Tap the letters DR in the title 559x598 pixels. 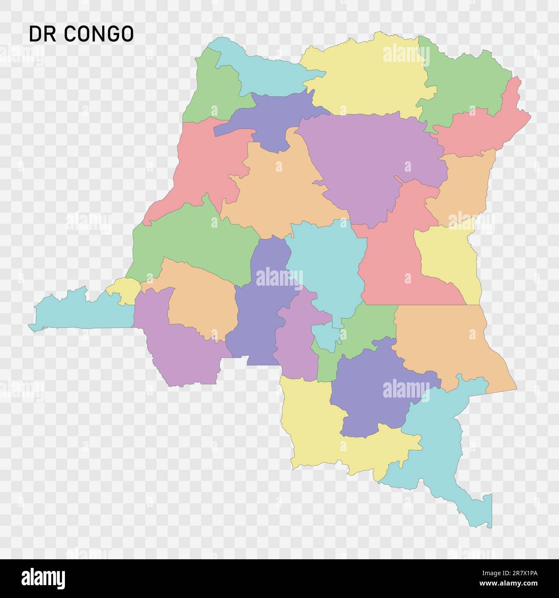pos(43,34)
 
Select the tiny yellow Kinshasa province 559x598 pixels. pos(124,290)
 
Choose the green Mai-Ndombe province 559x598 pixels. pos(189,241)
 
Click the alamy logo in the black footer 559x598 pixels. pos(43,578)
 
